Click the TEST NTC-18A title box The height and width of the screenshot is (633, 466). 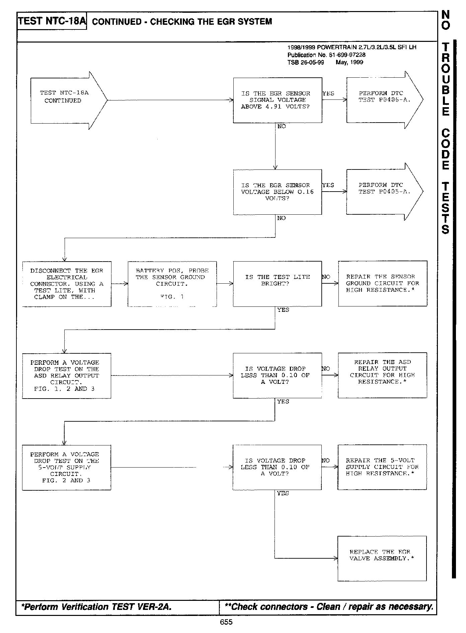click(x=52, y=21)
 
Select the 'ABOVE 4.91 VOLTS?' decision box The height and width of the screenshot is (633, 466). click(x=277, y=100)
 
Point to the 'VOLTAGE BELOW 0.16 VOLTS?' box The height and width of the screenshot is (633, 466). click(x=277, y=192)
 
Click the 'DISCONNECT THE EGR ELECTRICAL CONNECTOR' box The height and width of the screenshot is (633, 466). click(x=67, y=284)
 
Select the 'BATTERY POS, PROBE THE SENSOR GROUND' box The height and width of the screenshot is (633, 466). click(x=172, y=284)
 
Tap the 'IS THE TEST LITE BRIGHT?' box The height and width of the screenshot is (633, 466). click(x=277, y=284)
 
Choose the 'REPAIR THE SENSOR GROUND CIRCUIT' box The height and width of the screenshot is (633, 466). click(x=382, y=283)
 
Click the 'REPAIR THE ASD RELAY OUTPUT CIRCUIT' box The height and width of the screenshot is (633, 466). click(x=382, y=375)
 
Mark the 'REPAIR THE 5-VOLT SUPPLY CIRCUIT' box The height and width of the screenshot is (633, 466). click(x=382, y=467)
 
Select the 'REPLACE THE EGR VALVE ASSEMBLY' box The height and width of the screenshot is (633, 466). click(x=382, y=558)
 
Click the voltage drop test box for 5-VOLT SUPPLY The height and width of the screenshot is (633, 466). click(x=66, y=468)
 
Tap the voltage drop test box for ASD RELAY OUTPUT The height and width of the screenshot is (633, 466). click(x=66, y=376)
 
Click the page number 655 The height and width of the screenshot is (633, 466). click(x=226, y=622)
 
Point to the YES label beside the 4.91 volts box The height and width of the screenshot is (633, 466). click(x=328, y=94)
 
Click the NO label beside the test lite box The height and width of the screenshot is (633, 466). click(x=326, y=277)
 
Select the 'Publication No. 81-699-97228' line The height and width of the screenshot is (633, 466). click(x=326, y=55)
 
